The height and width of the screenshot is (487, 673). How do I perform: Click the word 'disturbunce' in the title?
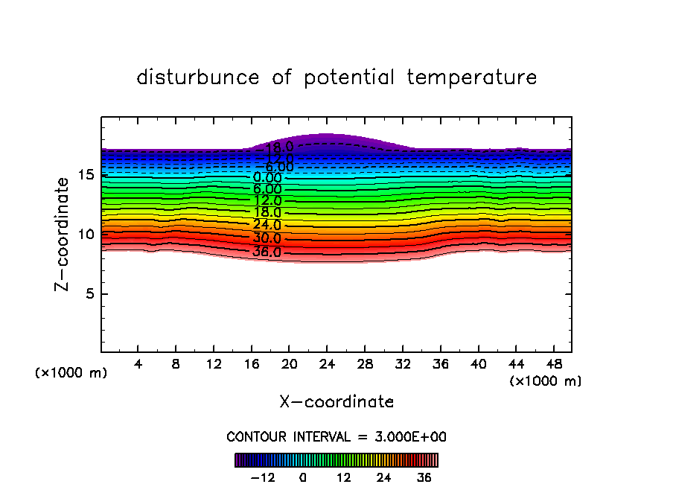click(x=198, y=77)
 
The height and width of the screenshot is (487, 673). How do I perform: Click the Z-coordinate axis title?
click(x=66, y=234)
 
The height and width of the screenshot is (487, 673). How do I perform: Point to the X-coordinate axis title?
click(x=336, y=402)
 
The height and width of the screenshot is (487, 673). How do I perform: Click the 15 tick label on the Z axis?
click(x=86, y=175)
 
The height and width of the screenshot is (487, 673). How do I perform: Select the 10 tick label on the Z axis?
click(x=86, y=235)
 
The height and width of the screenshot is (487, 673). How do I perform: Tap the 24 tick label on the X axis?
click(x=327, y=365)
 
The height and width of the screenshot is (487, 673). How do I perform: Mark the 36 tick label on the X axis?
click(x=440, y=365)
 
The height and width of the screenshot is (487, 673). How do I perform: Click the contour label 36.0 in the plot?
click(x=267, y=252)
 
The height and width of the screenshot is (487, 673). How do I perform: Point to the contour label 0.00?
click(x=267, y=178)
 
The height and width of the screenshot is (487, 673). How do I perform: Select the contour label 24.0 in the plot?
click(x=267, y=225)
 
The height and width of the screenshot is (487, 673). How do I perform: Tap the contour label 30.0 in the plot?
click(x=267, y=239)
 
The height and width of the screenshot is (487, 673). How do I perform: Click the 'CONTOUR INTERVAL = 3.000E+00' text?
click(x=336, y=436)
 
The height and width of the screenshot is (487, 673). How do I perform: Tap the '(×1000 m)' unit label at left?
click(x=71, y=373)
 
